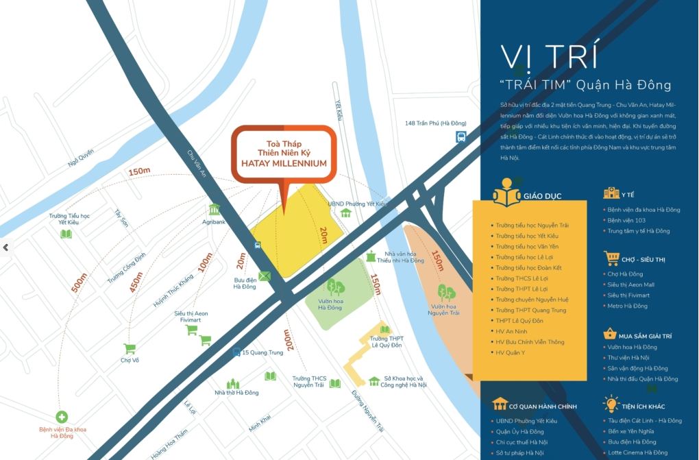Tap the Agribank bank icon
point(214,210)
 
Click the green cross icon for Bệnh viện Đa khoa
point(62,417)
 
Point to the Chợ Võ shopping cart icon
point(129,348)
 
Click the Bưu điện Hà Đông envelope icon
point(265,276)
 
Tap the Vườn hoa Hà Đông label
point(330,304)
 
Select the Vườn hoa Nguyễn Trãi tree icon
point(446,293)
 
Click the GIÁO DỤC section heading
point(542,196)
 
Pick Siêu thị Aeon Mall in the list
point(630,285)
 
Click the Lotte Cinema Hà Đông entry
point(637,452)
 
